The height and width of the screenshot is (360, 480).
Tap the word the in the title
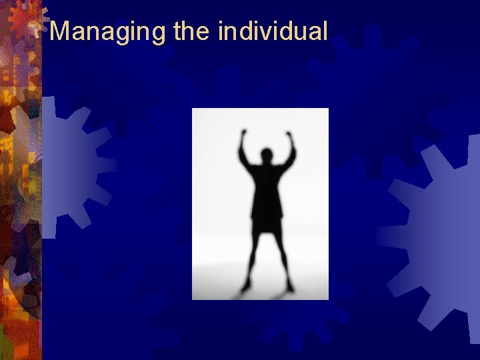point(191,31)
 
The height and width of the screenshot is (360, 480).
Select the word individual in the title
point(273,31)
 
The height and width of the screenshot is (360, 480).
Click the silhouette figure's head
point(267,157)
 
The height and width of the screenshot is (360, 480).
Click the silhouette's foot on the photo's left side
point(246,286)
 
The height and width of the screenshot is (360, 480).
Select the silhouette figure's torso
point(267,190)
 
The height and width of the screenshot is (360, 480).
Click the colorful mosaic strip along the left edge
point(20,200)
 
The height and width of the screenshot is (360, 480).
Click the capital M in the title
point(61,31)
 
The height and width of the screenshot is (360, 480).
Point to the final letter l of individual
point(325,31)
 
